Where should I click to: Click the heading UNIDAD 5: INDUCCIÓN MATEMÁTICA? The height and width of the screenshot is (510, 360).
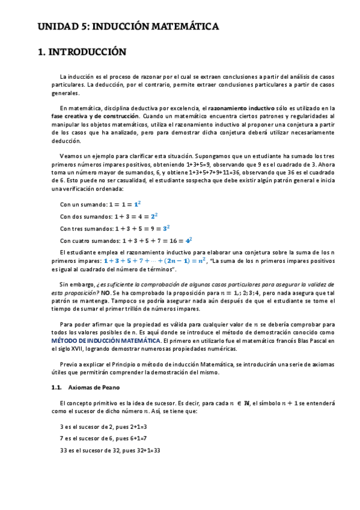[x=128, y=27]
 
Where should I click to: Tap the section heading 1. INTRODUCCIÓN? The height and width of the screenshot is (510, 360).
[x=82, y=52]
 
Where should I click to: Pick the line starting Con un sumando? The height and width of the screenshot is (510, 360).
[x=100, y=204]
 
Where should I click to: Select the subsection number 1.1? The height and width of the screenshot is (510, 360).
[x=56, y=387]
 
